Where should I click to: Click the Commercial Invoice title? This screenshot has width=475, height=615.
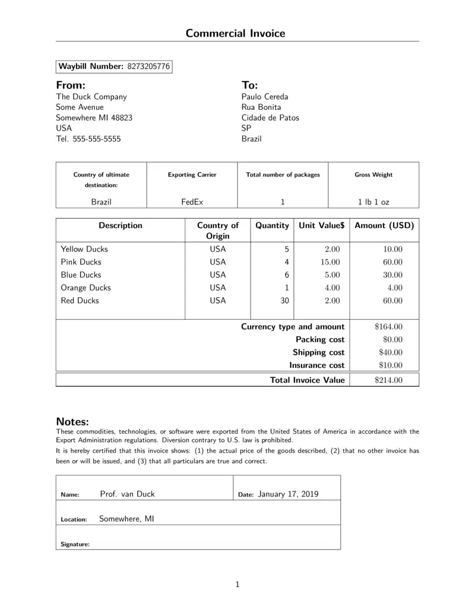pos(235,33)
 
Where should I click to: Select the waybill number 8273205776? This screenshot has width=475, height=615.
pos(148,67)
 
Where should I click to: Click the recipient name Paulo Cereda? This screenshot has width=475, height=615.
pos(264,96)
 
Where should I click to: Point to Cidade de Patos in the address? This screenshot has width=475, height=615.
pos(270,118)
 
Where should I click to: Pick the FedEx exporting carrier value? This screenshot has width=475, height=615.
pos(192,201)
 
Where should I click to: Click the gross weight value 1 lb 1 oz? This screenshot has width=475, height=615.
pos(373,201)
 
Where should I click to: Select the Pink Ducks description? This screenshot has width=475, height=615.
pos(81,262)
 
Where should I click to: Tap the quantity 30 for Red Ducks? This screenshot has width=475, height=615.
pos(284,301)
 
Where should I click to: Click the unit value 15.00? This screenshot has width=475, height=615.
pos(330,262)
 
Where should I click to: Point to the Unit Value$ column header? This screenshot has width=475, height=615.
pos(321,226)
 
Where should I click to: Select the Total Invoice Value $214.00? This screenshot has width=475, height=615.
pos(389,380)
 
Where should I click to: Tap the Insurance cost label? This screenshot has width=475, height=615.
pos(316,365)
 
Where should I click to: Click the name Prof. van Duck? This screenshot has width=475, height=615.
pos(127,494)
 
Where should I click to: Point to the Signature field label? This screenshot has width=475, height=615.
pos(75,544)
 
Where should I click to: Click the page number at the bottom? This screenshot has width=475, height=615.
pos(237,585)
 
